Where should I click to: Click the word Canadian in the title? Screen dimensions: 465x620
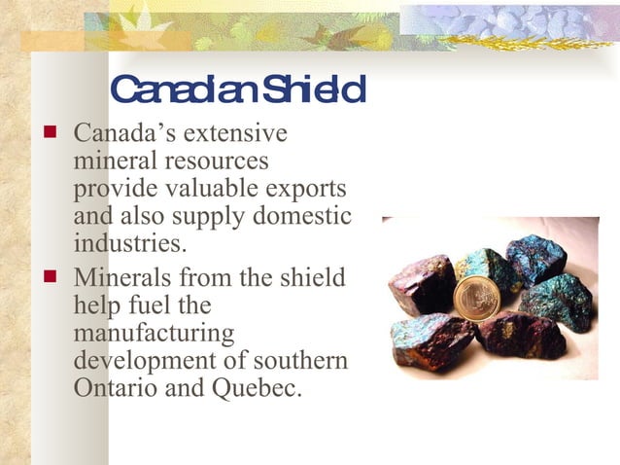(x=179, y=90)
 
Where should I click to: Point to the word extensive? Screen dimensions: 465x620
(x=239, y=132)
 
